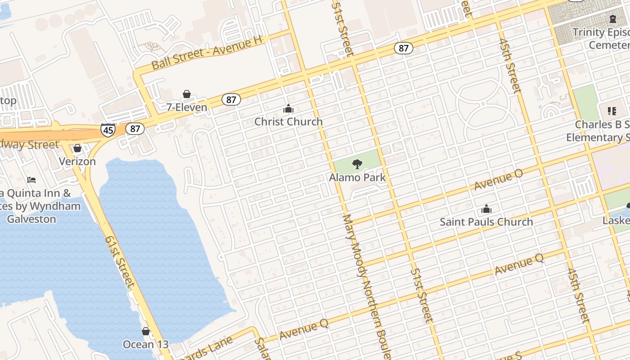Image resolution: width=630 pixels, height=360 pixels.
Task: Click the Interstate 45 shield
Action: [108, 130]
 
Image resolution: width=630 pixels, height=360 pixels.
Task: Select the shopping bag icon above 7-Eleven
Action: [186, 94]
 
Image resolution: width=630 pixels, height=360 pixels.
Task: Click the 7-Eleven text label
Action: [187, 107]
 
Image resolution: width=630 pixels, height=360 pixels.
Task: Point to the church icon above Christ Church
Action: [288, 108]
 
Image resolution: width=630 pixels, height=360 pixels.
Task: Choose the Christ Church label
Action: [288, 121]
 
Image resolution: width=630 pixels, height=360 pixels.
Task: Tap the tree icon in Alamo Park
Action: [357, 164]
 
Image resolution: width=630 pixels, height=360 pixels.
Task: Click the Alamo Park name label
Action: [357, 177]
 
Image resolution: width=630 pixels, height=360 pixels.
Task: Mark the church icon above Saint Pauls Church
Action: [486, 209]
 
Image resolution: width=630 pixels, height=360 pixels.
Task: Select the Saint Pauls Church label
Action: [486, 222]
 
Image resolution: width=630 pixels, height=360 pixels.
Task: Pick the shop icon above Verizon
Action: [77, 148]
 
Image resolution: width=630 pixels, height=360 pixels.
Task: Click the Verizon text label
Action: [77, 161]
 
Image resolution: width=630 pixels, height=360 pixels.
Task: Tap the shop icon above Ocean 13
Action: [146, 331]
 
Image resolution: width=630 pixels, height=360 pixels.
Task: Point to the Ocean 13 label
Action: [146, 345]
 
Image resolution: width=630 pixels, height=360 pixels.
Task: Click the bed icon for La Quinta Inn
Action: [31, 180]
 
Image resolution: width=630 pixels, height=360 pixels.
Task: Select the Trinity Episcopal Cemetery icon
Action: [612, 19]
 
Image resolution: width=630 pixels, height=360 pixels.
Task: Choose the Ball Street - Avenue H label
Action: [207, 53]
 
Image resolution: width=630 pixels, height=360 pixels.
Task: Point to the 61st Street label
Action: [120, 261]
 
